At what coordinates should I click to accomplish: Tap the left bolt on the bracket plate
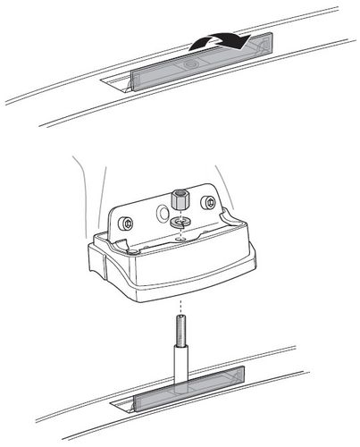tap(129, 221)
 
